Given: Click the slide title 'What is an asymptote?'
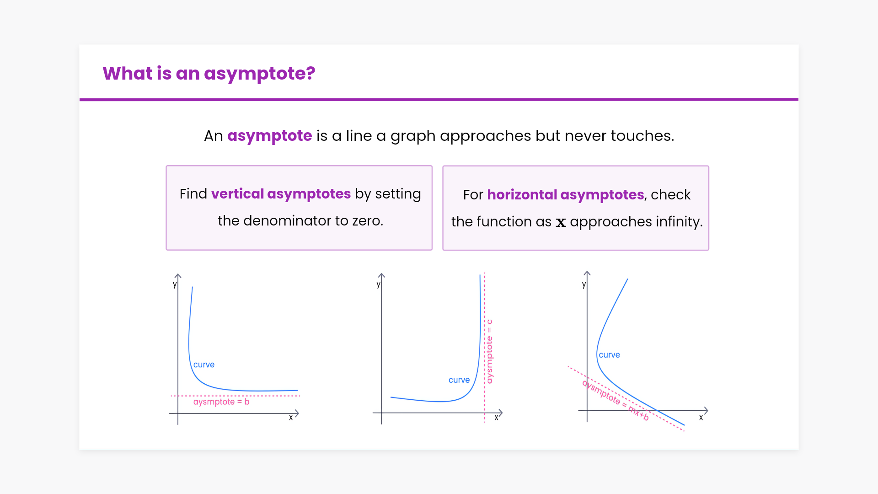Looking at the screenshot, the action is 209,74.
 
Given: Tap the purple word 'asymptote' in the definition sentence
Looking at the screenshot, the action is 270,136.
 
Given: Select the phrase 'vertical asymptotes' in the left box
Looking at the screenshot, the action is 281,194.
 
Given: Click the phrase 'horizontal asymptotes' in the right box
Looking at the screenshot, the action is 566,195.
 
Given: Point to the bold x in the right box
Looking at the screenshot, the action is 561,222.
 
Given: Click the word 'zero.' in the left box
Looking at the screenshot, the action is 368,221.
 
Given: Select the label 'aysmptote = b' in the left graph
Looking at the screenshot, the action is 221,402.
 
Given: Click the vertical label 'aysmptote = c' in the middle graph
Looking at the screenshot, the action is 489,351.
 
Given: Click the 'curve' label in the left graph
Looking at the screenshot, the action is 204,365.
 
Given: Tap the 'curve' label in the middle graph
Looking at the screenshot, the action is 459,380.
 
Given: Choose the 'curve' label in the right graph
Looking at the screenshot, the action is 610,355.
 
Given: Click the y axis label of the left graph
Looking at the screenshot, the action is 175,285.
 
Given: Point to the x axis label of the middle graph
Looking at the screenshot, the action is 496,418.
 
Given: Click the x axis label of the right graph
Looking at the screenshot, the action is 701,418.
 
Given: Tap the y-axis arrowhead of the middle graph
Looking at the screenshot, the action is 382,275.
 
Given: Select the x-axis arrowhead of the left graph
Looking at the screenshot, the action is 297,413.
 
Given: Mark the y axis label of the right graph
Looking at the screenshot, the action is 584,285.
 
